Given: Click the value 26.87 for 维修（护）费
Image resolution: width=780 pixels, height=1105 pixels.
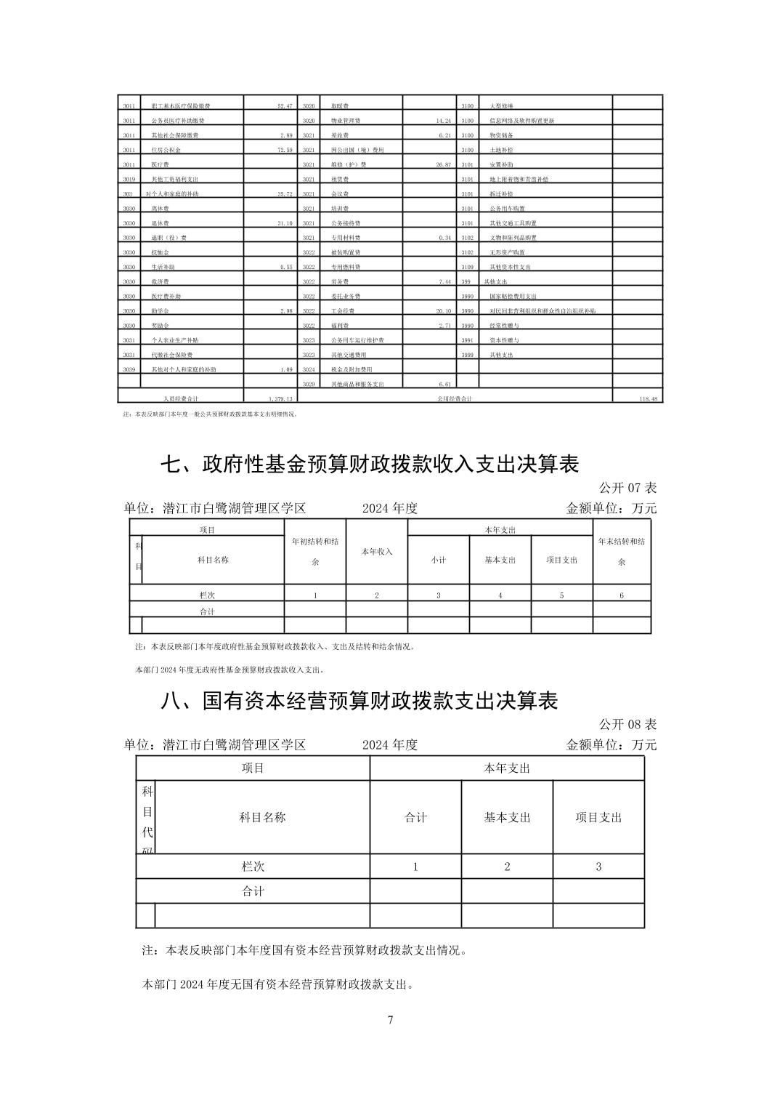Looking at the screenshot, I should [443, 165].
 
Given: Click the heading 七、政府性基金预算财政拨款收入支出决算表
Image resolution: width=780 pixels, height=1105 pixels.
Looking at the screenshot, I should [370, 464].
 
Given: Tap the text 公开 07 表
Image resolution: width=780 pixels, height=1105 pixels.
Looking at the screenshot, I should [627, 487].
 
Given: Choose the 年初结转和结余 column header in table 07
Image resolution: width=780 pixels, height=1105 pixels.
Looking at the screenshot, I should [315, 551].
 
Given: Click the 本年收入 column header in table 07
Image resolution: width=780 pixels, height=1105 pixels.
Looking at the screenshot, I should [377, 552].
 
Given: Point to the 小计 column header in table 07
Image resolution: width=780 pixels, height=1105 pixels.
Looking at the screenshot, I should [438, 560].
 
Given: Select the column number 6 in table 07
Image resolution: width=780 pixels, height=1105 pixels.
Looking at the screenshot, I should [622, 595].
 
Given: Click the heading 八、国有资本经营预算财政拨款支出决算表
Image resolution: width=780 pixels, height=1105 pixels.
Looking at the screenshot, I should [359, 701].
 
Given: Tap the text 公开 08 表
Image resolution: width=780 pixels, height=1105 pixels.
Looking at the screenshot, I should [627, 724].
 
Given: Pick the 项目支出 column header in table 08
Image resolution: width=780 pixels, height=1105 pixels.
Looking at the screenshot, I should [598, 817].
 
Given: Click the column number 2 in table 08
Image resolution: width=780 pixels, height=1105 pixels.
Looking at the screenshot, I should [507, 867].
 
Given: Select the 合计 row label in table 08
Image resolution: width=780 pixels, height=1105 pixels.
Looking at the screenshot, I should [253, 891].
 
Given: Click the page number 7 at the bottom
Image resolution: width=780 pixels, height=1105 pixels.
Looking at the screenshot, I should [390, 1020].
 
